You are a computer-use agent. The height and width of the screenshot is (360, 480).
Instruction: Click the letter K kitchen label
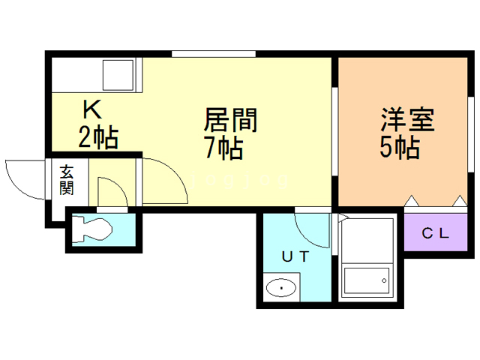click(92, 111)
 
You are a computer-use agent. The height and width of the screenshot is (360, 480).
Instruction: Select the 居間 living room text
click(231, 120)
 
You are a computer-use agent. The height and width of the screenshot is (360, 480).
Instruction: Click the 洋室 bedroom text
click(408, 120)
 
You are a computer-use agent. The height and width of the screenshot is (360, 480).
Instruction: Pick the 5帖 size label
click(399, 148)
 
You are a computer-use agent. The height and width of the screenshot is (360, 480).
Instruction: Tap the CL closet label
click(434, 233)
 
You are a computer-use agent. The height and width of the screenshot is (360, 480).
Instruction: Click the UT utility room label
click(295, 256)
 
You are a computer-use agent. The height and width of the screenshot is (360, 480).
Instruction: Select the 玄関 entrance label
click(67, 180)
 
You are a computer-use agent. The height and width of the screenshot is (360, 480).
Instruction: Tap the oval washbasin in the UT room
click(282, 286)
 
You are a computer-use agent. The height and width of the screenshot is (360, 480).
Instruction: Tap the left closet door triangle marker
click(411, 201)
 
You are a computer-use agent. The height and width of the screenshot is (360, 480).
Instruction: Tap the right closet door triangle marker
click(459, 201)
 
